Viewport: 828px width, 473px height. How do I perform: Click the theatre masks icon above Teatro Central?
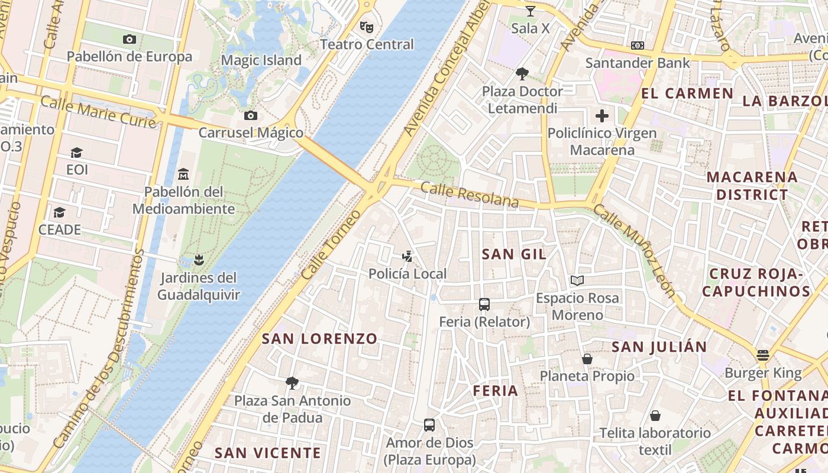[367, 27]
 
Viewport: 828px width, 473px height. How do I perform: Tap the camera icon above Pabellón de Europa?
[130, 40]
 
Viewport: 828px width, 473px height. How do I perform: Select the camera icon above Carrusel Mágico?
[251, 115]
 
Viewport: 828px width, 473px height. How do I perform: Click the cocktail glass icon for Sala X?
[530, 11]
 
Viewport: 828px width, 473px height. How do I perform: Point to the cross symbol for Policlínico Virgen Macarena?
[602, 115]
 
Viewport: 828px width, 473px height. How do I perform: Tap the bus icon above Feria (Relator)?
[484, 304]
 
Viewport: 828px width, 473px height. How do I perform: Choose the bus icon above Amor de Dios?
[429, 425]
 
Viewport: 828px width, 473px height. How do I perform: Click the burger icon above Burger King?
[763, 355]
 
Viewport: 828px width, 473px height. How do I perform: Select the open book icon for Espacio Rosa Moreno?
[577, 280]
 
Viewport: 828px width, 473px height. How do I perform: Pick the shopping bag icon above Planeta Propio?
[587, 358]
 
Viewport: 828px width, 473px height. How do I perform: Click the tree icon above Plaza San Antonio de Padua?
[292, 383]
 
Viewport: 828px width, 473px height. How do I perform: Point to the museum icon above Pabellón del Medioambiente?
[183, 174]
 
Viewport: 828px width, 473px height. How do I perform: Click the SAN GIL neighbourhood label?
[514, 254]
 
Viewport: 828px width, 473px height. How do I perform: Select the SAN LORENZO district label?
[319, 339]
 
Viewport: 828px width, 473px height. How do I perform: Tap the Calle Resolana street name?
[470, 195]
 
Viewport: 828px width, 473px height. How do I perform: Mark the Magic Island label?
[261, 60]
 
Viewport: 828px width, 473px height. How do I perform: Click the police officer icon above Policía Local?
[407, 257]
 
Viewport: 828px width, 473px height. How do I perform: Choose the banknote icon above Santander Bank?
[638, 46]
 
